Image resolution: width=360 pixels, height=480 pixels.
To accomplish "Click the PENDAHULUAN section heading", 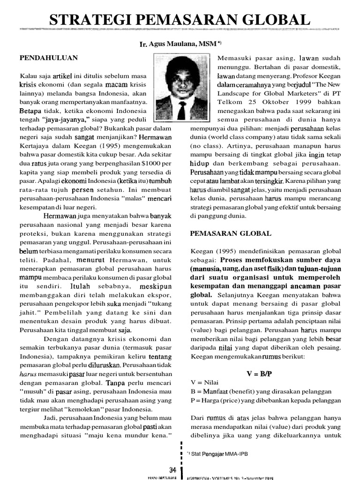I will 48,58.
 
